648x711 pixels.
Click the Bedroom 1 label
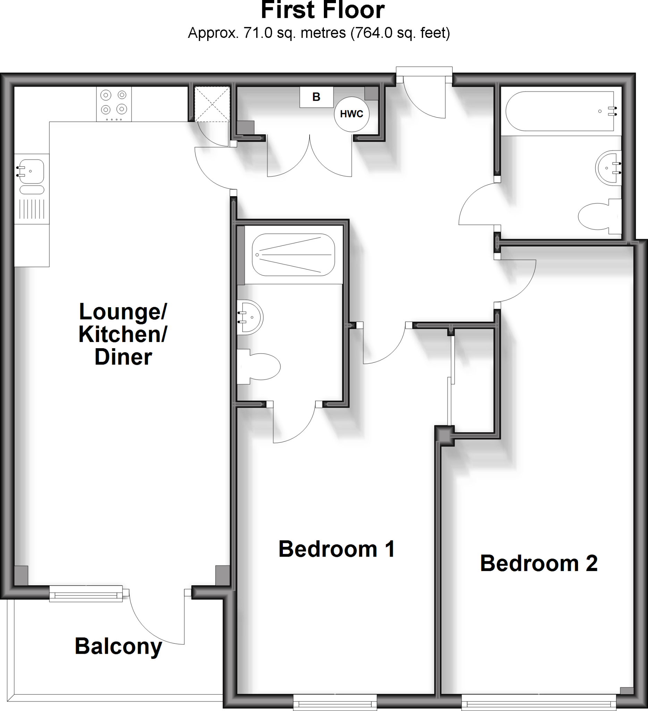point(336,549)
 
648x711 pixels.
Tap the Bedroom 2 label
point(538,563)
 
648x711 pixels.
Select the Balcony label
point(118,646)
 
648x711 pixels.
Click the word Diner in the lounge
point(123,357)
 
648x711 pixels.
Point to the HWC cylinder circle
point(352,114)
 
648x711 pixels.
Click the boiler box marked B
point(316,97)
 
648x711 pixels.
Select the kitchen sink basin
point(32,172)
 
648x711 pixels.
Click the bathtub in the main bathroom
point(560,111)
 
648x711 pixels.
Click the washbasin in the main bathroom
point(608,168)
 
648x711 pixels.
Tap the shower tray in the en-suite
point(293,254)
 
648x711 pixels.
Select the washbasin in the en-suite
point(250,317)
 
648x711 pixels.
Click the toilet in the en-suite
point(259,367)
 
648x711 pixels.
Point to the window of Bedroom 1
point(335,704)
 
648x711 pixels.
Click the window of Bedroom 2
point(538,704)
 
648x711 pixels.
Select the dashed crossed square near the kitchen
point(212,104)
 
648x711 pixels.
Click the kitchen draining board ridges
point(32,209)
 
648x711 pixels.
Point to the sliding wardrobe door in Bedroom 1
point(451,381)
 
